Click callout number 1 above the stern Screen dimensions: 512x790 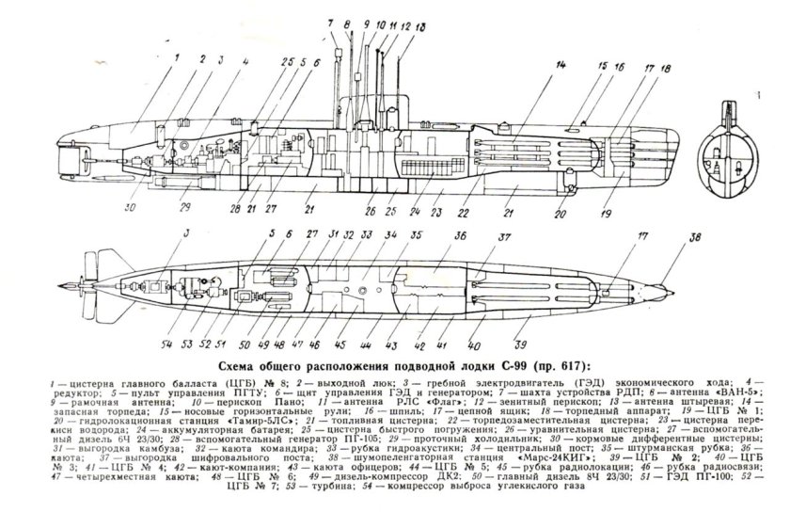[x=176, y=56]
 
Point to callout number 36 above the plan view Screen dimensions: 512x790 [x=460, y=238]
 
